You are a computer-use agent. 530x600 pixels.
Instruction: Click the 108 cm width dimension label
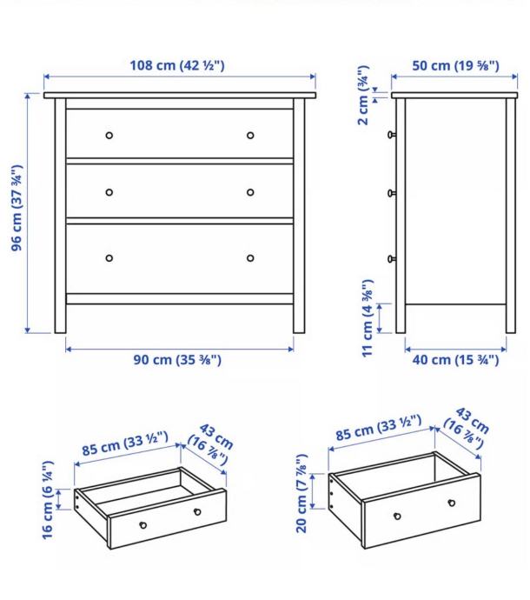click(x=177, y=65)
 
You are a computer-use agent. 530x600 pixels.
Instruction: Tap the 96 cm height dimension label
click(x=17, y=208)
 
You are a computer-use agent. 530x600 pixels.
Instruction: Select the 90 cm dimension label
click(x=177, y=360)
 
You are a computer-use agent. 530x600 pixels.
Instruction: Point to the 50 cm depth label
click(x=455, y=65)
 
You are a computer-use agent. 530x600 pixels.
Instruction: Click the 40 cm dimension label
click(x=455, y=360)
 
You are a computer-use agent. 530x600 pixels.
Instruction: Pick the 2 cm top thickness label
click(x=363, y=96)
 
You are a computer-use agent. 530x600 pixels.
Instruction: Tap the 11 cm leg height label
click(x=368, y=318)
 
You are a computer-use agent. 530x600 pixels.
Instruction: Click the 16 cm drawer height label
click(x=48, y=500)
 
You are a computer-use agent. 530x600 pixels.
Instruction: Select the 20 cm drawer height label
click(x=301, y=493)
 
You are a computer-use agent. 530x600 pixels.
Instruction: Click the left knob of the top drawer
click(x=109, y=136)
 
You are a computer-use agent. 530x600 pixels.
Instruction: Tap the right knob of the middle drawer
click(x=250, y=192)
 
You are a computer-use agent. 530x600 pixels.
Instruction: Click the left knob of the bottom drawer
click(x=109, y=258)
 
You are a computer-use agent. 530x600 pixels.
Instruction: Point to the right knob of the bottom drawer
click(x=250, y=258)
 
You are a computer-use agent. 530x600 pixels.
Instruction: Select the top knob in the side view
click(x=392, y=135)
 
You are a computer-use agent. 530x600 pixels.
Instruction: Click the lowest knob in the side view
click(x=392, y=259)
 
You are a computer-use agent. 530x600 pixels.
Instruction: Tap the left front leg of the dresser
click(x=60, y=216)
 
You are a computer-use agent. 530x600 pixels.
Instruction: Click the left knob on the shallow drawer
click(x=143, y=525)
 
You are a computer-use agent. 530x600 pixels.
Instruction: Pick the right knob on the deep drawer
click(x=452, y=503)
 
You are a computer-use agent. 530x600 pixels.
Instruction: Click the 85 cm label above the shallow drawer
click(x=125, y=443)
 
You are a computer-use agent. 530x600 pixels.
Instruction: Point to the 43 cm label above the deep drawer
click(x=467, y=428)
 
